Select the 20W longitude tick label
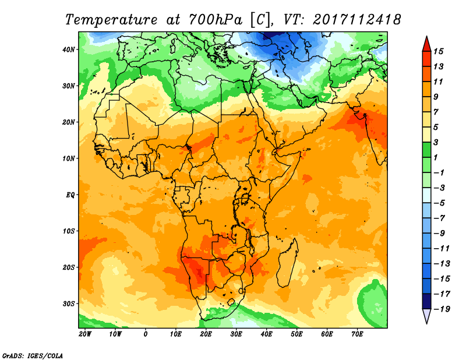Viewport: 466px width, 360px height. [x=85, y=334]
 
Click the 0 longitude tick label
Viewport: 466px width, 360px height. [x=146, y=334]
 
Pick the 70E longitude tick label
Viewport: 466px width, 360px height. [x=357, y=334]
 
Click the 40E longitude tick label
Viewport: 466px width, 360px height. [x=267, y=334]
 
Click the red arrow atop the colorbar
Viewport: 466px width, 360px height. [x=426, y=42]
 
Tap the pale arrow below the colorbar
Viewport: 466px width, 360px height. [x=426, y=317]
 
